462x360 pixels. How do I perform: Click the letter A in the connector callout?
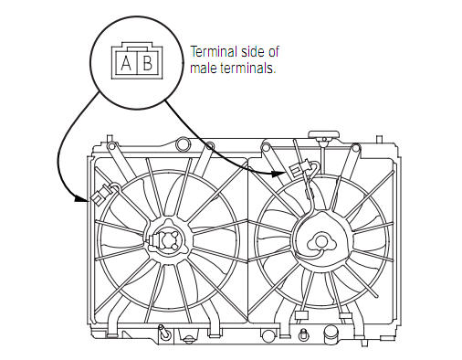pos(126,63)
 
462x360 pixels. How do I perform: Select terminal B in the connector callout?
pos(148,63)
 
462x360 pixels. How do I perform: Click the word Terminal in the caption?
pos(214,52)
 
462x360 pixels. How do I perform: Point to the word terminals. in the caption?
pos(248,69)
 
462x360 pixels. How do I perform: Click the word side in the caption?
pos(253,52)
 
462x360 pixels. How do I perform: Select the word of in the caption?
pos(274,51)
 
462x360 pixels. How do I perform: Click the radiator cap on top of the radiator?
pos(323,135)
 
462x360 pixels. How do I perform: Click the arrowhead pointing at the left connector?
pos(82,199)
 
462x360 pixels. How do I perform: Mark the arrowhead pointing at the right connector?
pos(278,174)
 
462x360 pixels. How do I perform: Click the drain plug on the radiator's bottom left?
pos(164,332)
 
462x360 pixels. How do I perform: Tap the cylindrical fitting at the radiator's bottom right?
pos(332,334)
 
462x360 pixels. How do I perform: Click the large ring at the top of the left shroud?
pos(184,143)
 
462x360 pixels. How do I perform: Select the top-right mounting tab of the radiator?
pos(379,139)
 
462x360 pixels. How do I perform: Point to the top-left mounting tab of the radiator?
pos(110,139)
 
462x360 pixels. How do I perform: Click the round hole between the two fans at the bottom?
pos(268,335)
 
